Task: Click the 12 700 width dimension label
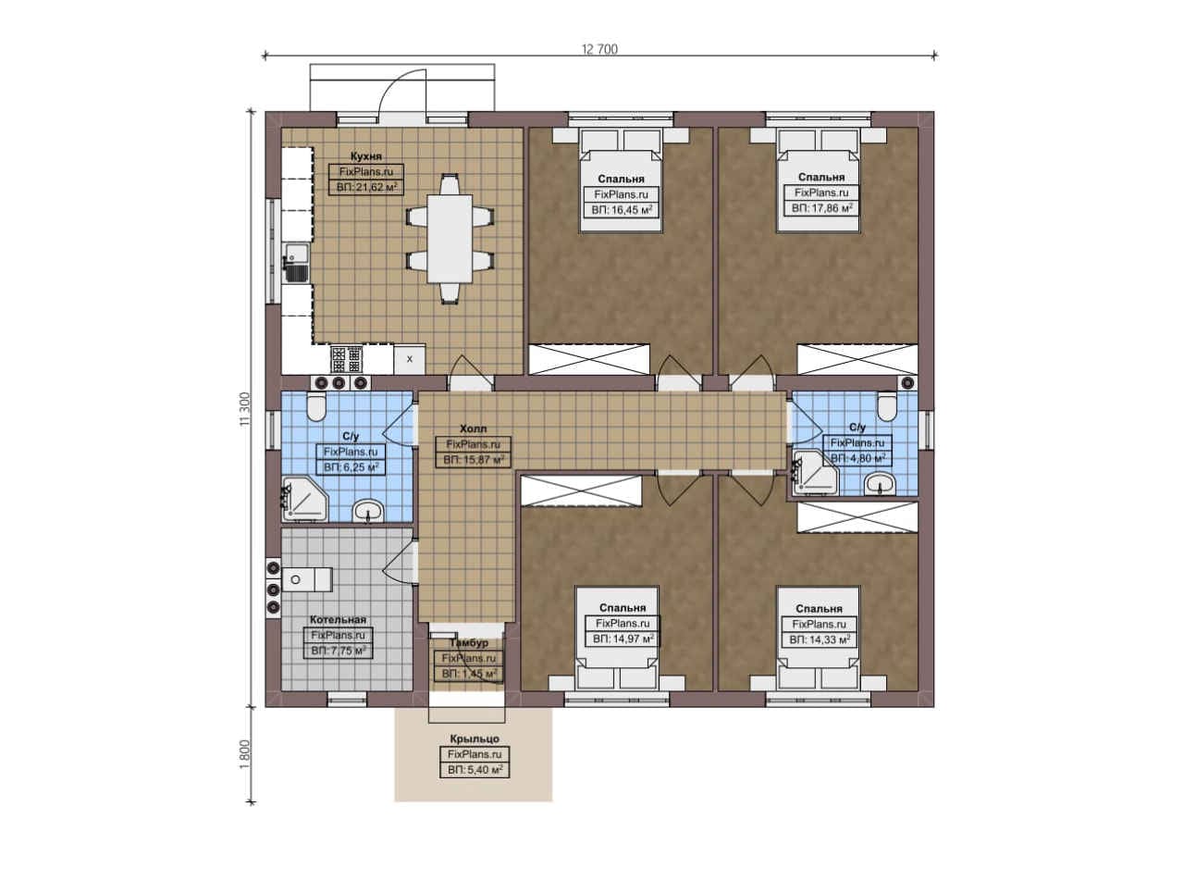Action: coord(599,49)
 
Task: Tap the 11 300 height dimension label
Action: coord(245,409)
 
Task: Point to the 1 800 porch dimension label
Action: coord(245,755)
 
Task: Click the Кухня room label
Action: coord(365,156)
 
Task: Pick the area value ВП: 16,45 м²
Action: coord(622,210)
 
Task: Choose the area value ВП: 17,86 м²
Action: coord(821,208)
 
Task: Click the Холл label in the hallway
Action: coord(473,428)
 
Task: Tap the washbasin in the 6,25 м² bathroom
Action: coord(368,512)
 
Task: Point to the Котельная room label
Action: coord(338,619)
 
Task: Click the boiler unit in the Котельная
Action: coord(307,579)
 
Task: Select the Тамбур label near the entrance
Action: coord(469,643)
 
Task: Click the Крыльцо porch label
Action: coord(475,739)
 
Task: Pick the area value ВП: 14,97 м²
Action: coord(623,639)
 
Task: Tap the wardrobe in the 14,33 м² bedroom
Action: coord(857,517)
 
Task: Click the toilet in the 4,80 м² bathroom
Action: coord(887,406)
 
